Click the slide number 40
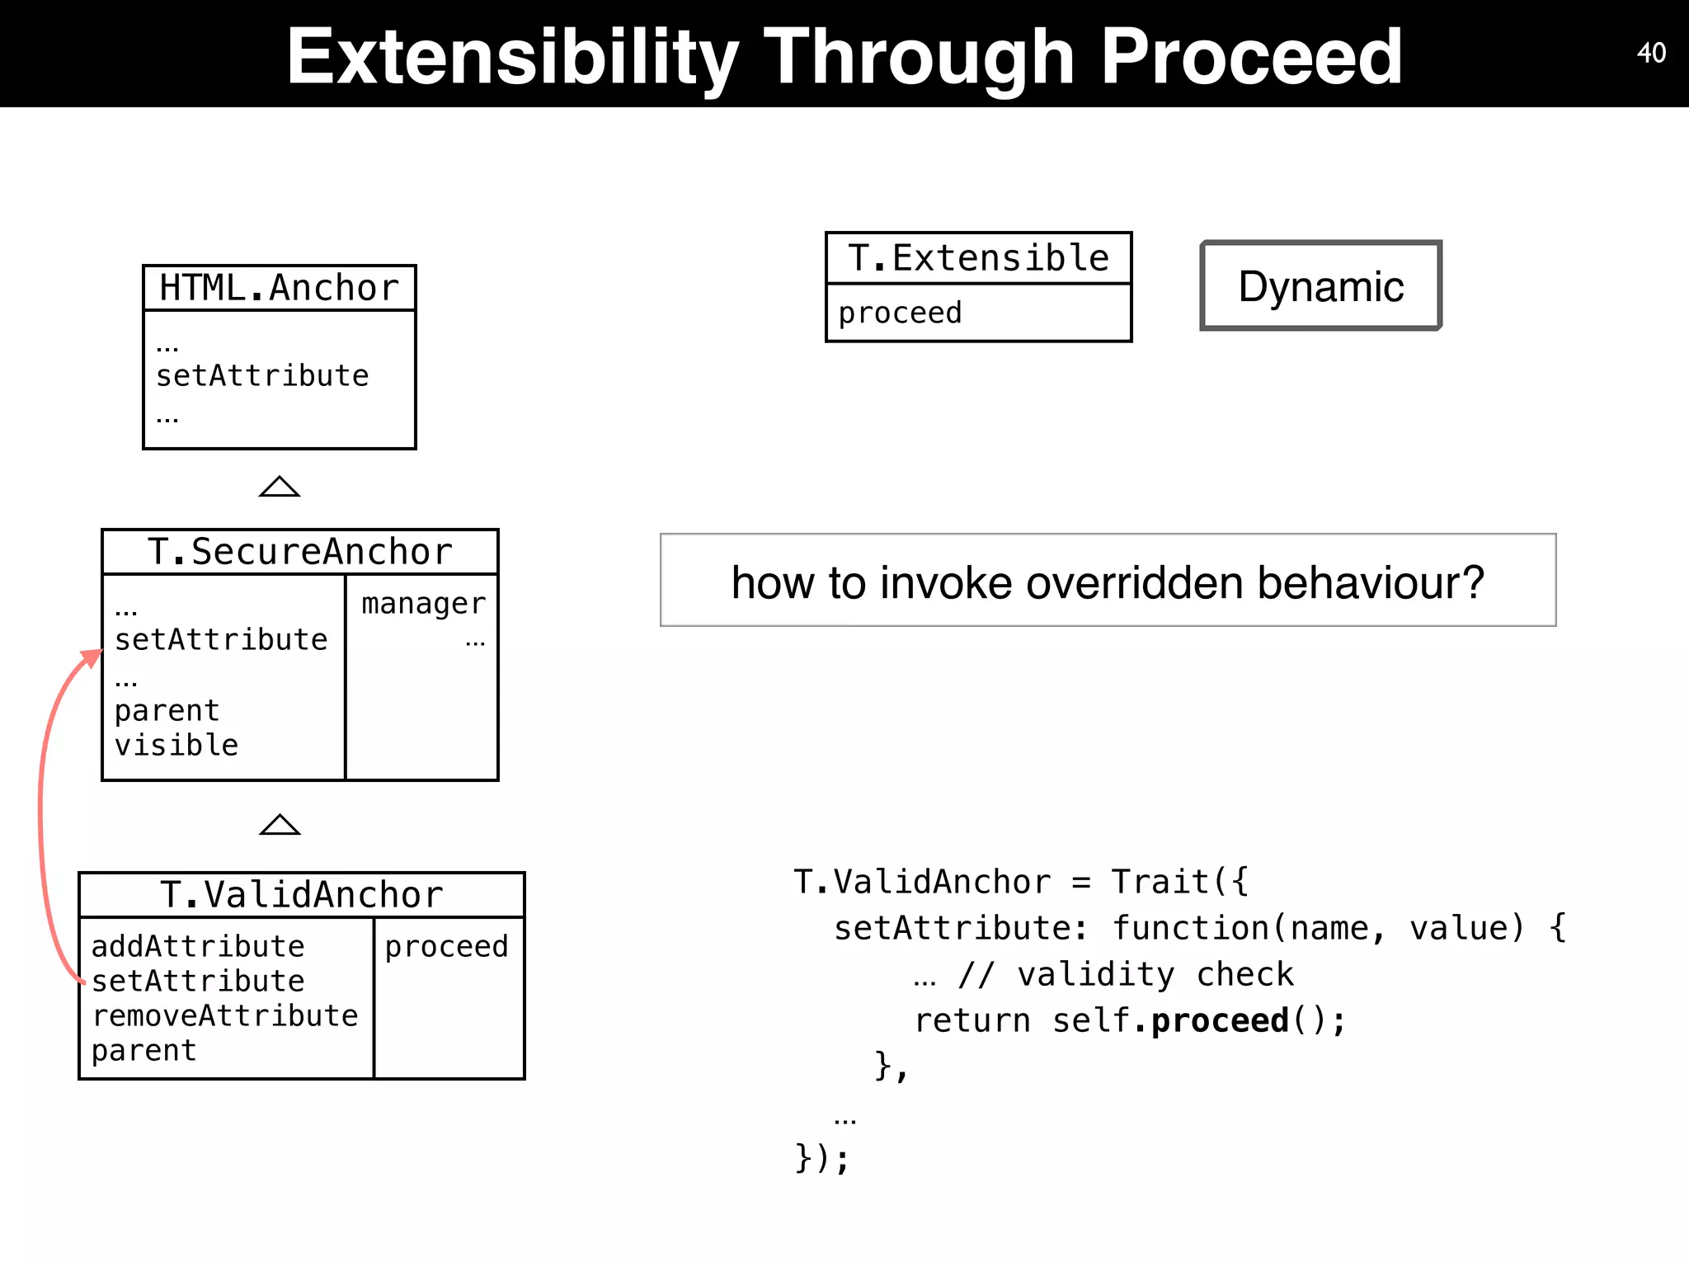coord(1651,53)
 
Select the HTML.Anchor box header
coord(279,288)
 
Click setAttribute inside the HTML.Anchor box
coord(262,376)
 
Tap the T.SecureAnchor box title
coord(299,552)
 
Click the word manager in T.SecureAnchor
coord(423,604)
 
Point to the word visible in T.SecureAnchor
coord(176,745)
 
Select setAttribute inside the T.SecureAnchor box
coord(221,640)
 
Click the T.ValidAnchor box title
coord(301,895)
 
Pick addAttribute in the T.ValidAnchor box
coord(198,946)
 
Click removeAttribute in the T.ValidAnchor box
coord(224,1015)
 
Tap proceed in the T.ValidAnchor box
coord(446,946)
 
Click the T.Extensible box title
coord(978,258)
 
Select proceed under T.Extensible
coord(900,313)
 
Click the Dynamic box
coord(1320,286)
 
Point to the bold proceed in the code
coord(1219,1020)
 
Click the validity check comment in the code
coord(1126,974)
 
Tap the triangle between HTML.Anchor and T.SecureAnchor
coord(280,487)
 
